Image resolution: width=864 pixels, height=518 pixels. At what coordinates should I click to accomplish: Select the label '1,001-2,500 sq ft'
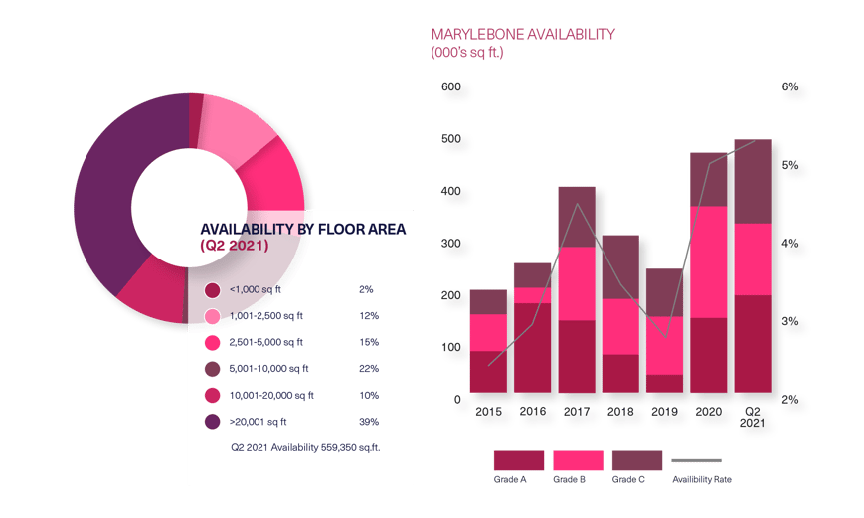point(265,316)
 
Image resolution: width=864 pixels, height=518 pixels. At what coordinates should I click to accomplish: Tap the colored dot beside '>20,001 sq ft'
point(212,422)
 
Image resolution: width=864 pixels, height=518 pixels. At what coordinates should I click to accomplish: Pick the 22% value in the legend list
point(368,369)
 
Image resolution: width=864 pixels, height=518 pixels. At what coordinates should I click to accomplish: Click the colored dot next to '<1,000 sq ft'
point(212,290)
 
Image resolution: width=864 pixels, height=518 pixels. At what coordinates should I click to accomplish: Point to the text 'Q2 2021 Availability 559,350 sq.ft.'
point(305,448)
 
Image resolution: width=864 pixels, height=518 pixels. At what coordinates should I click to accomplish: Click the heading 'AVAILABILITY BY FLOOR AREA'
point(302,229)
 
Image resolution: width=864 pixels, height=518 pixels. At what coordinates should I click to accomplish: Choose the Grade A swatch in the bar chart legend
point(518,460)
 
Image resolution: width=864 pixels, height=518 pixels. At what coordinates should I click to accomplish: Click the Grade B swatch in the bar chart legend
point(578,460)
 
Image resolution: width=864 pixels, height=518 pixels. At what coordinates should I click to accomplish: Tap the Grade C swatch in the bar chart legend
point(636,460)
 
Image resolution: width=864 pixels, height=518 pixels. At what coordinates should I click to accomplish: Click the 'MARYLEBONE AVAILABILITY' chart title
point(522,34)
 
